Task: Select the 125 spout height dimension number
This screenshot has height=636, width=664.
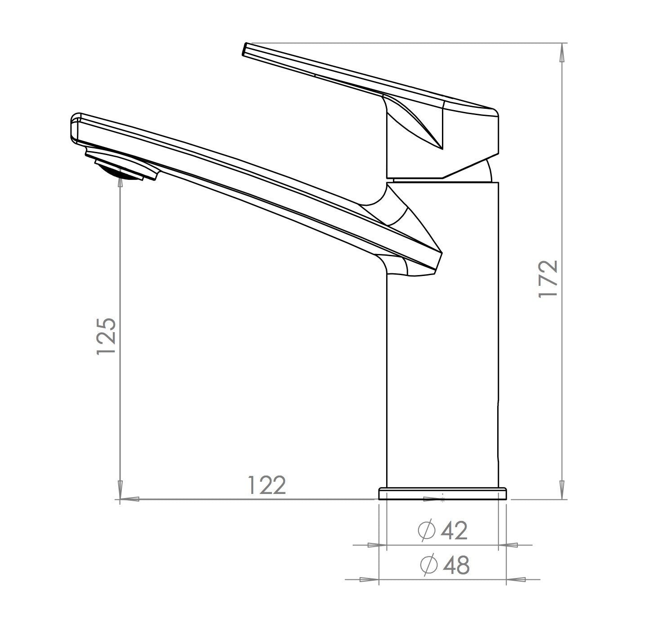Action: click(x=107, y=336)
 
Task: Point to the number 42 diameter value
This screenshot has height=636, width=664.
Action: click(x=454, y=531)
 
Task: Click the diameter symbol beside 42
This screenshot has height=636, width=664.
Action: click(x=427, y=530)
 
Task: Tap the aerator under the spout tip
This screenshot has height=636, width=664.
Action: click(x=122, y=165)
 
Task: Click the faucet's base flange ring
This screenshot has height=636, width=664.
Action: click(x=442, y=494)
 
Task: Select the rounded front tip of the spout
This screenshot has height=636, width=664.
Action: click(x=76, y=128)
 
